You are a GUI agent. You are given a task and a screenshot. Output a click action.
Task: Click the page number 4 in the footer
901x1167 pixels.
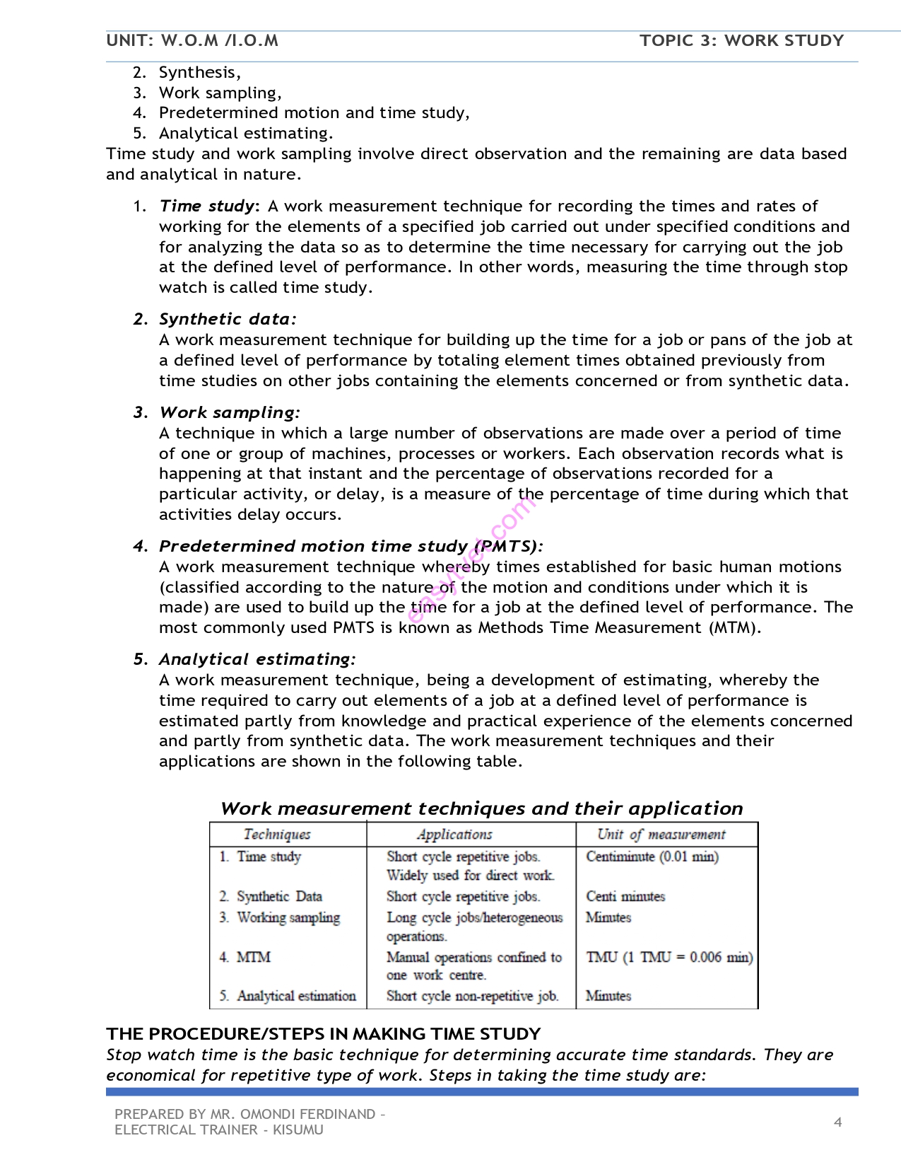click(x=838, y=1122)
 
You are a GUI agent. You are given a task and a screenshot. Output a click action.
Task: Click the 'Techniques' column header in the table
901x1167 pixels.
click(x=277, y=835)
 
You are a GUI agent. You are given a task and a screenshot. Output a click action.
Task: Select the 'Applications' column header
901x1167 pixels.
click(x=454, y=835)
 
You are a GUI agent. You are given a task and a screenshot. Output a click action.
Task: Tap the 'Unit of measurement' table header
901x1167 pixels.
click(x=661, y=835)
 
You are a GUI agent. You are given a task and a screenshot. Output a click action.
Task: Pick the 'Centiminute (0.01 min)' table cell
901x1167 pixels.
click(x=652, y=857)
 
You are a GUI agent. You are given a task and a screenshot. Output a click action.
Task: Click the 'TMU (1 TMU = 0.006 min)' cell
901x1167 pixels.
click(x=669, y=957)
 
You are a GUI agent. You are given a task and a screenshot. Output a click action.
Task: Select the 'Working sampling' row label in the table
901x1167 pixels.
click(x=288, y=917)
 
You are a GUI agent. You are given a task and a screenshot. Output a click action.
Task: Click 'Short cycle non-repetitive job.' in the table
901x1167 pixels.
click(x=472, y=996)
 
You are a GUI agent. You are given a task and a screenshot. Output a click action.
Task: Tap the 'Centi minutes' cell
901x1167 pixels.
click(x=625, y=896)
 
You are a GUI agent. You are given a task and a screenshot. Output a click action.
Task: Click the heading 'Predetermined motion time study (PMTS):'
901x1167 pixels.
click(x=351, y=546)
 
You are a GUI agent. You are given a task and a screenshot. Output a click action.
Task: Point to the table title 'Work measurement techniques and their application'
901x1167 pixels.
click(x=481, y=808)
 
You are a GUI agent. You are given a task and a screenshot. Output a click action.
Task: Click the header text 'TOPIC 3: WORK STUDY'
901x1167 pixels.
click(x=741, y=40)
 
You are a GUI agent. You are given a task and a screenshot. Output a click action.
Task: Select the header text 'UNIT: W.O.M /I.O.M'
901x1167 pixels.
click(x=192, y=40)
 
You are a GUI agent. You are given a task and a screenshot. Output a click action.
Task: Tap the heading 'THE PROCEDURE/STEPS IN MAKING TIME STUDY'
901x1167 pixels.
click(x=324, y=1034)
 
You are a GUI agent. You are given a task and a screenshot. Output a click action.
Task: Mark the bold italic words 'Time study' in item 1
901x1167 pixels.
click(x=206, y=206)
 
